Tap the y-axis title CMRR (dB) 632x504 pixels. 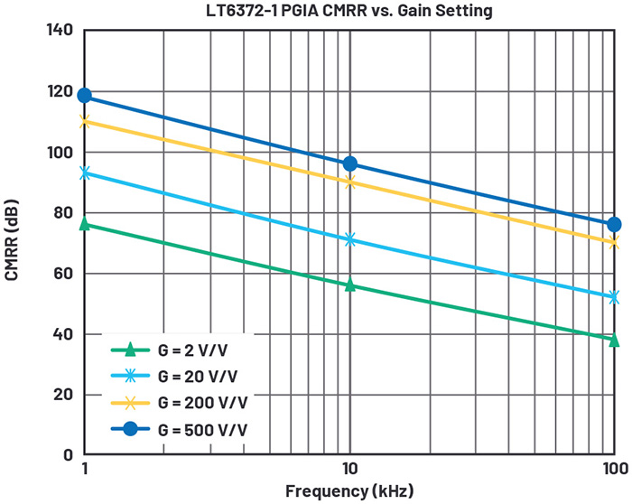pos(12,243)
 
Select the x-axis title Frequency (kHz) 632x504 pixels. pos(349,491)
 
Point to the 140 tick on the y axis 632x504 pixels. pos(60,31)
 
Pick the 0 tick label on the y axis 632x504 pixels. pos(68,454)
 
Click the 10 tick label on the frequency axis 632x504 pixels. pos(349,470)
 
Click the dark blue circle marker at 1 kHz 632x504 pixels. pos(85,95)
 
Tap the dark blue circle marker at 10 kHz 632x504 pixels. pos(349,163)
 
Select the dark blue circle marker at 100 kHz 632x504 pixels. pos(614,224)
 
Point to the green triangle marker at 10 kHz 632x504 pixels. pos(349,285)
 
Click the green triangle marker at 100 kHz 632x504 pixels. pos(614,340)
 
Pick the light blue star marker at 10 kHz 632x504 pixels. pos(349,239)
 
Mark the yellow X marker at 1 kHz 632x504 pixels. pos(85,121)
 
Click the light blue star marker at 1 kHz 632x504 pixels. pos(85,173)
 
